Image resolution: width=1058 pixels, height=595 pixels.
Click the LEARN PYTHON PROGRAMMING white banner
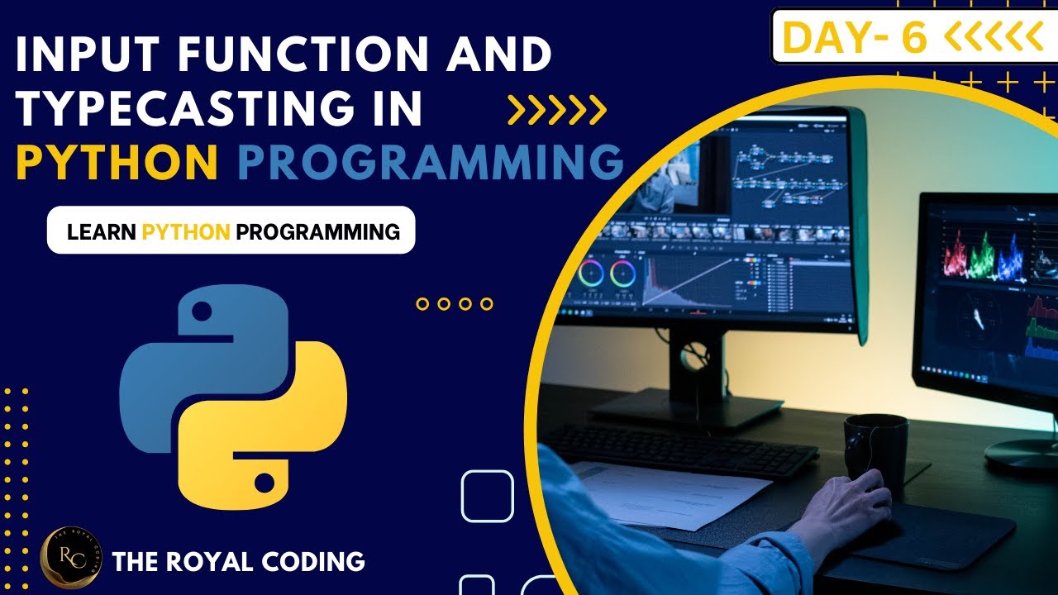231,231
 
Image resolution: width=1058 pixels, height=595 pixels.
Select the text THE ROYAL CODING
238,562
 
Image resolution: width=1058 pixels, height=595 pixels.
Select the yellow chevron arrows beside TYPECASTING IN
556,108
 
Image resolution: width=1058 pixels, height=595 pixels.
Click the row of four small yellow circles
454,304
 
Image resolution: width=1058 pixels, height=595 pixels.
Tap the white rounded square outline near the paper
487,496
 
